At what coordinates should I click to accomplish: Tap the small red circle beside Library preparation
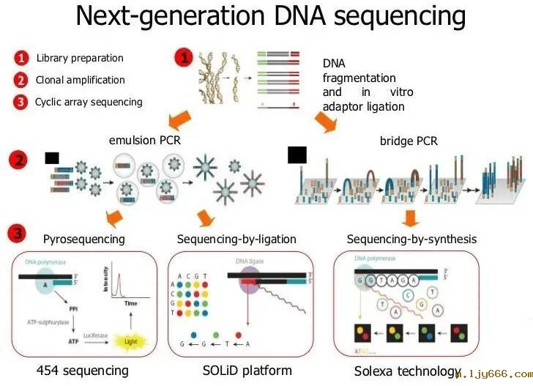[x=21, y=58]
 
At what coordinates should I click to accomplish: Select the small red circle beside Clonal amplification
[x=21, y=80]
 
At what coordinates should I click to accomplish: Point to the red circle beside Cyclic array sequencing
[x=21, y=102]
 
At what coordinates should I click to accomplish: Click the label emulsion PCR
[x=144, y=140]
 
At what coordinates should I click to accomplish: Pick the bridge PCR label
[x=409, y=140]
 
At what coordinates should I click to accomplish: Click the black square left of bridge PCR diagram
[x=297, y=155]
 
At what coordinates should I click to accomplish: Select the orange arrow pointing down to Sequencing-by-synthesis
[x=411, y=218]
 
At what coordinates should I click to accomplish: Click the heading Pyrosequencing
[x=83, y=239]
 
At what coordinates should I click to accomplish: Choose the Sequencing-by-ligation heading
[x=236, y=239]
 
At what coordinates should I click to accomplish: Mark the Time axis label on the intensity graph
[x=130, y=303]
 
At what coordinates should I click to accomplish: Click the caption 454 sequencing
[x=83, y=371]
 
